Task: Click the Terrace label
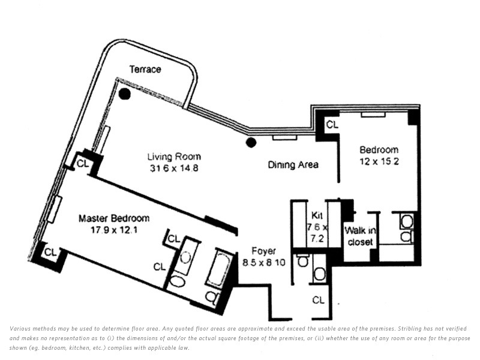tap(145, 69)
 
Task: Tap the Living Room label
tap(174, 157)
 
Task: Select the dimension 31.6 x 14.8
tap(174, 168)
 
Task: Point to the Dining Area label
tap(293, 165)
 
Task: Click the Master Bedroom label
tap(114, 218)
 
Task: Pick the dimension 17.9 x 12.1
tap(114, 230)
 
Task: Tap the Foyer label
tap(263, 251)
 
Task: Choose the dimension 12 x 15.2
tap(379, 161)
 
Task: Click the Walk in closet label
tap(361, 236)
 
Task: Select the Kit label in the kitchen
tap(317, 215)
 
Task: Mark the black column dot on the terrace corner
tap(125, 94)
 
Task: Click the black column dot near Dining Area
tap(251, 142)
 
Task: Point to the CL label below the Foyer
tap(319, 300)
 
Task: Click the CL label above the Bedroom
tap(332, 125)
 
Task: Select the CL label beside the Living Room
tap(83, 163)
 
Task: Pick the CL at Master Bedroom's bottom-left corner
tap(50, 252)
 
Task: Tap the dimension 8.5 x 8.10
tap(263, 262)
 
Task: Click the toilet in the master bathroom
tap(212, 296)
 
